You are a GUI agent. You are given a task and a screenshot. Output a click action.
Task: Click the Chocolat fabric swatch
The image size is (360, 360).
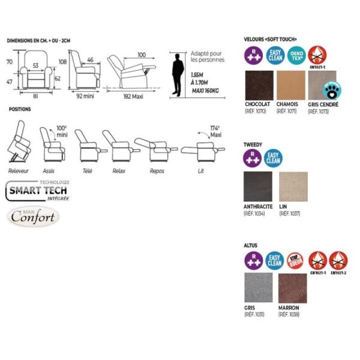259,86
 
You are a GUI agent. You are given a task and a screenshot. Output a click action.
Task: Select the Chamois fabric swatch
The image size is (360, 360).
290,86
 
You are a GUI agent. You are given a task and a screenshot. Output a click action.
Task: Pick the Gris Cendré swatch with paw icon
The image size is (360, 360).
322,86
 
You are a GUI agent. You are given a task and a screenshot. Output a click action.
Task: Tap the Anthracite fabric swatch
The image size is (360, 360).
258,187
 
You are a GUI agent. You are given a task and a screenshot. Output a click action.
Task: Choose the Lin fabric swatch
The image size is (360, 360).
293,187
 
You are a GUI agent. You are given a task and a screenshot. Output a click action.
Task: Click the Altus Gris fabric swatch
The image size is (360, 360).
259,288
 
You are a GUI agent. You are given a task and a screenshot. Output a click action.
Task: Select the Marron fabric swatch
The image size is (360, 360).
292,288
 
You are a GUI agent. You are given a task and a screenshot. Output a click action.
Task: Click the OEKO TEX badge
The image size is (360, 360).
296,56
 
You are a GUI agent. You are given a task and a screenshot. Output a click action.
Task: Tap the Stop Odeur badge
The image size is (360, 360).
295,260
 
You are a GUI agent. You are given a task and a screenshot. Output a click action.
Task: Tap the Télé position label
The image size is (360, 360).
88,171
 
